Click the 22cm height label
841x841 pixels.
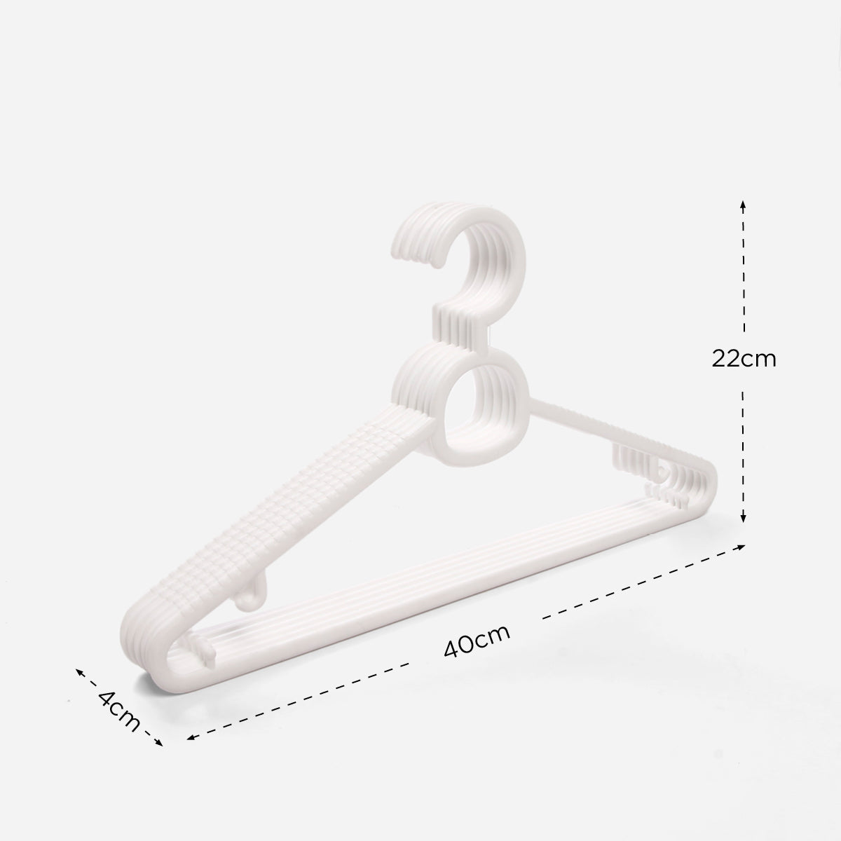[x=744, y=360]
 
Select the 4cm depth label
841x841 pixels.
[x=118, y=711]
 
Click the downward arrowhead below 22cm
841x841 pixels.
[x=744, y=518]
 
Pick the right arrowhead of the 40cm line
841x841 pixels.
[x=740, y=547]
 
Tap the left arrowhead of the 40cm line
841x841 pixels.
[x=191, y=737]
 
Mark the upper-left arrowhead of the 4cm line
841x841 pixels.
[x=79, y=672]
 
